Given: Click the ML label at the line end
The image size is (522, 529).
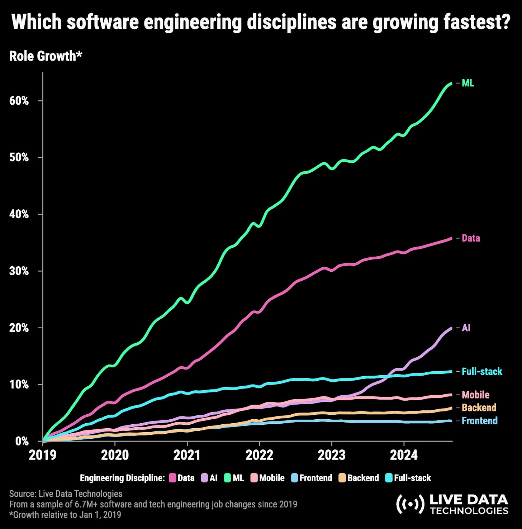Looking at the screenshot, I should (468, 83).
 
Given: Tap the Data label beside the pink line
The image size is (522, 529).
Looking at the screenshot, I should (471, 238).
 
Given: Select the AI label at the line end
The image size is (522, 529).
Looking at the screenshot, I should (466, 328).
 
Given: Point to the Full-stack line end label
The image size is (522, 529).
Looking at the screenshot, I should (482, 372).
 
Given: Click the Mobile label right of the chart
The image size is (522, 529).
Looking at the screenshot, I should (475, 395).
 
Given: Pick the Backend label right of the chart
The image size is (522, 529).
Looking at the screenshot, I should (479, 408).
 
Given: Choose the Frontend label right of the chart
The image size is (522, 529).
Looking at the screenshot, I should (479, 421).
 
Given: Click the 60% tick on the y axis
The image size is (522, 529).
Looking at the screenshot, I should (19, 101).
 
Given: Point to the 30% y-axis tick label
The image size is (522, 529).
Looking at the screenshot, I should (19, 271).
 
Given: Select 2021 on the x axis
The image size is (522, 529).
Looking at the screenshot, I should (187, 455).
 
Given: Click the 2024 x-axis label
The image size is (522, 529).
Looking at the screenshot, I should (404, 455).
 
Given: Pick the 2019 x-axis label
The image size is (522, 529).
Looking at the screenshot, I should (43, 455).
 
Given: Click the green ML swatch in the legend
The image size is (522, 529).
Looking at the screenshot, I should (228, 478).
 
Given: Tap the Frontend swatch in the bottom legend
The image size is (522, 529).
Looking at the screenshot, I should (294, 478).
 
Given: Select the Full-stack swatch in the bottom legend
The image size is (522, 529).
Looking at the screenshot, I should (389, 478).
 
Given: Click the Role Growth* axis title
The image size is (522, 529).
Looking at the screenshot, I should (46, 56).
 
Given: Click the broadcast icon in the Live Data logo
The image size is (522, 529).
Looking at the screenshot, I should (409, 504).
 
